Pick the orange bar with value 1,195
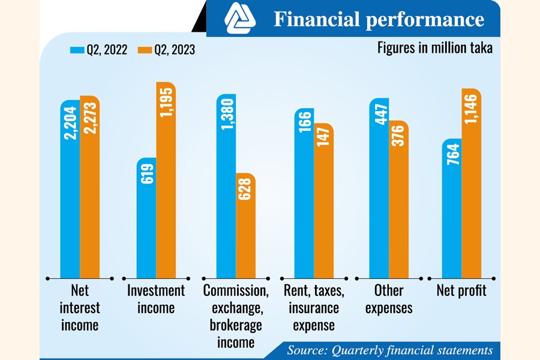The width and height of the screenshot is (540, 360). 166,180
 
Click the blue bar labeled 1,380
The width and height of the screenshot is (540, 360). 226,186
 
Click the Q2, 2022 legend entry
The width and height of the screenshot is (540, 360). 99,50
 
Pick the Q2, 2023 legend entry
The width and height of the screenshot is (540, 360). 167,50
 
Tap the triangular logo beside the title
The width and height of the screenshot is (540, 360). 240,19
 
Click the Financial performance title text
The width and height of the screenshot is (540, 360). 379,20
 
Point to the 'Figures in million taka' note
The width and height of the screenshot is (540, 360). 435,48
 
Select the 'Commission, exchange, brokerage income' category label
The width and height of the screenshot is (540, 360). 236,316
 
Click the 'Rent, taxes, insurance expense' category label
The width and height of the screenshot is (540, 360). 314,308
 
